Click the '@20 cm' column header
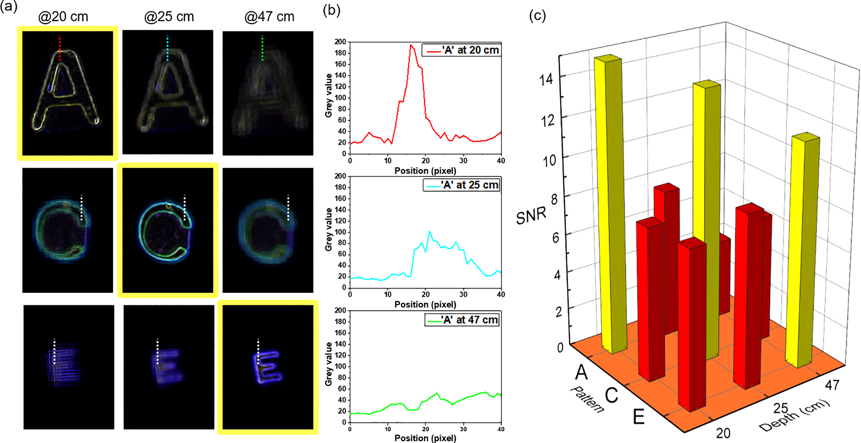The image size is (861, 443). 63,17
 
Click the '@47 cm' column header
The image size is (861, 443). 269,17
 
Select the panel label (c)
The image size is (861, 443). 537,15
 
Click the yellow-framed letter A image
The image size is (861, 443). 68,93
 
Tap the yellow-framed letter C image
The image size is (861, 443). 167,230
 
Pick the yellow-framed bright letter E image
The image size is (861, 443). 267,367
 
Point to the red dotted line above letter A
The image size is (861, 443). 60,48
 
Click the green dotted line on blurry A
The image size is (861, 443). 262,48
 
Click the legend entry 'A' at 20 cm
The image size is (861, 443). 461,50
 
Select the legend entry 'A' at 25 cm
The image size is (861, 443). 461,185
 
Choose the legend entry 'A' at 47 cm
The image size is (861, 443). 461,320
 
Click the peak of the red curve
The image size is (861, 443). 411,45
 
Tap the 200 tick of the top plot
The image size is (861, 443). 340,42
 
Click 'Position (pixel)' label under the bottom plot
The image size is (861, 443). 425,438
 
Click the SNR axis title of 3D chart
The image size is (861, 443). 531,216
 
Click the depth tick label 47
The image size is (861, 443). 832,385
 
